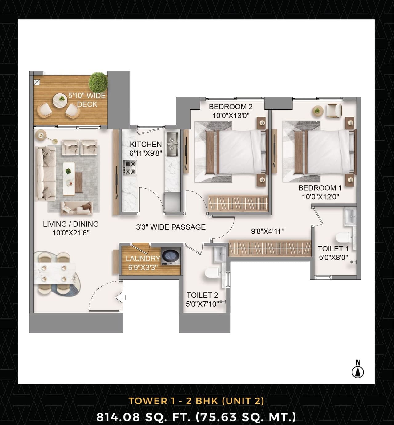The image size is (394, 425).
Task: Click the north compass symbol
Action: tap(358, 372)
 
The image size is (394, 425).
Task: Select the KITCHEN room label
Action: tap(146, 144)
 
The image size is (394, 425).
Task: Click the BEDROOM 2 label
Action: tap(231, 107)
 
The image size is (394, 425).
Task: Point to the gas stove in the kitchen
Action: tap(130, 167)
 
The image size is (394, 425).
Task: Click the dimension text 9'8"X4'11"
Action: tap(267, 231)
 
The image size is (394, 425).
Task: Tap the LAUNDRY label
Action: tap(143, 259)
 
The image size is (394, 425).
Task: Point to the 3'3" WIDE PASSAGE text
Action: tap(171, 227)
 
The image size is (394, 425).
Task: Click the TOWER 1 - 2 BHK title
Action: tap(196, 401)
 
